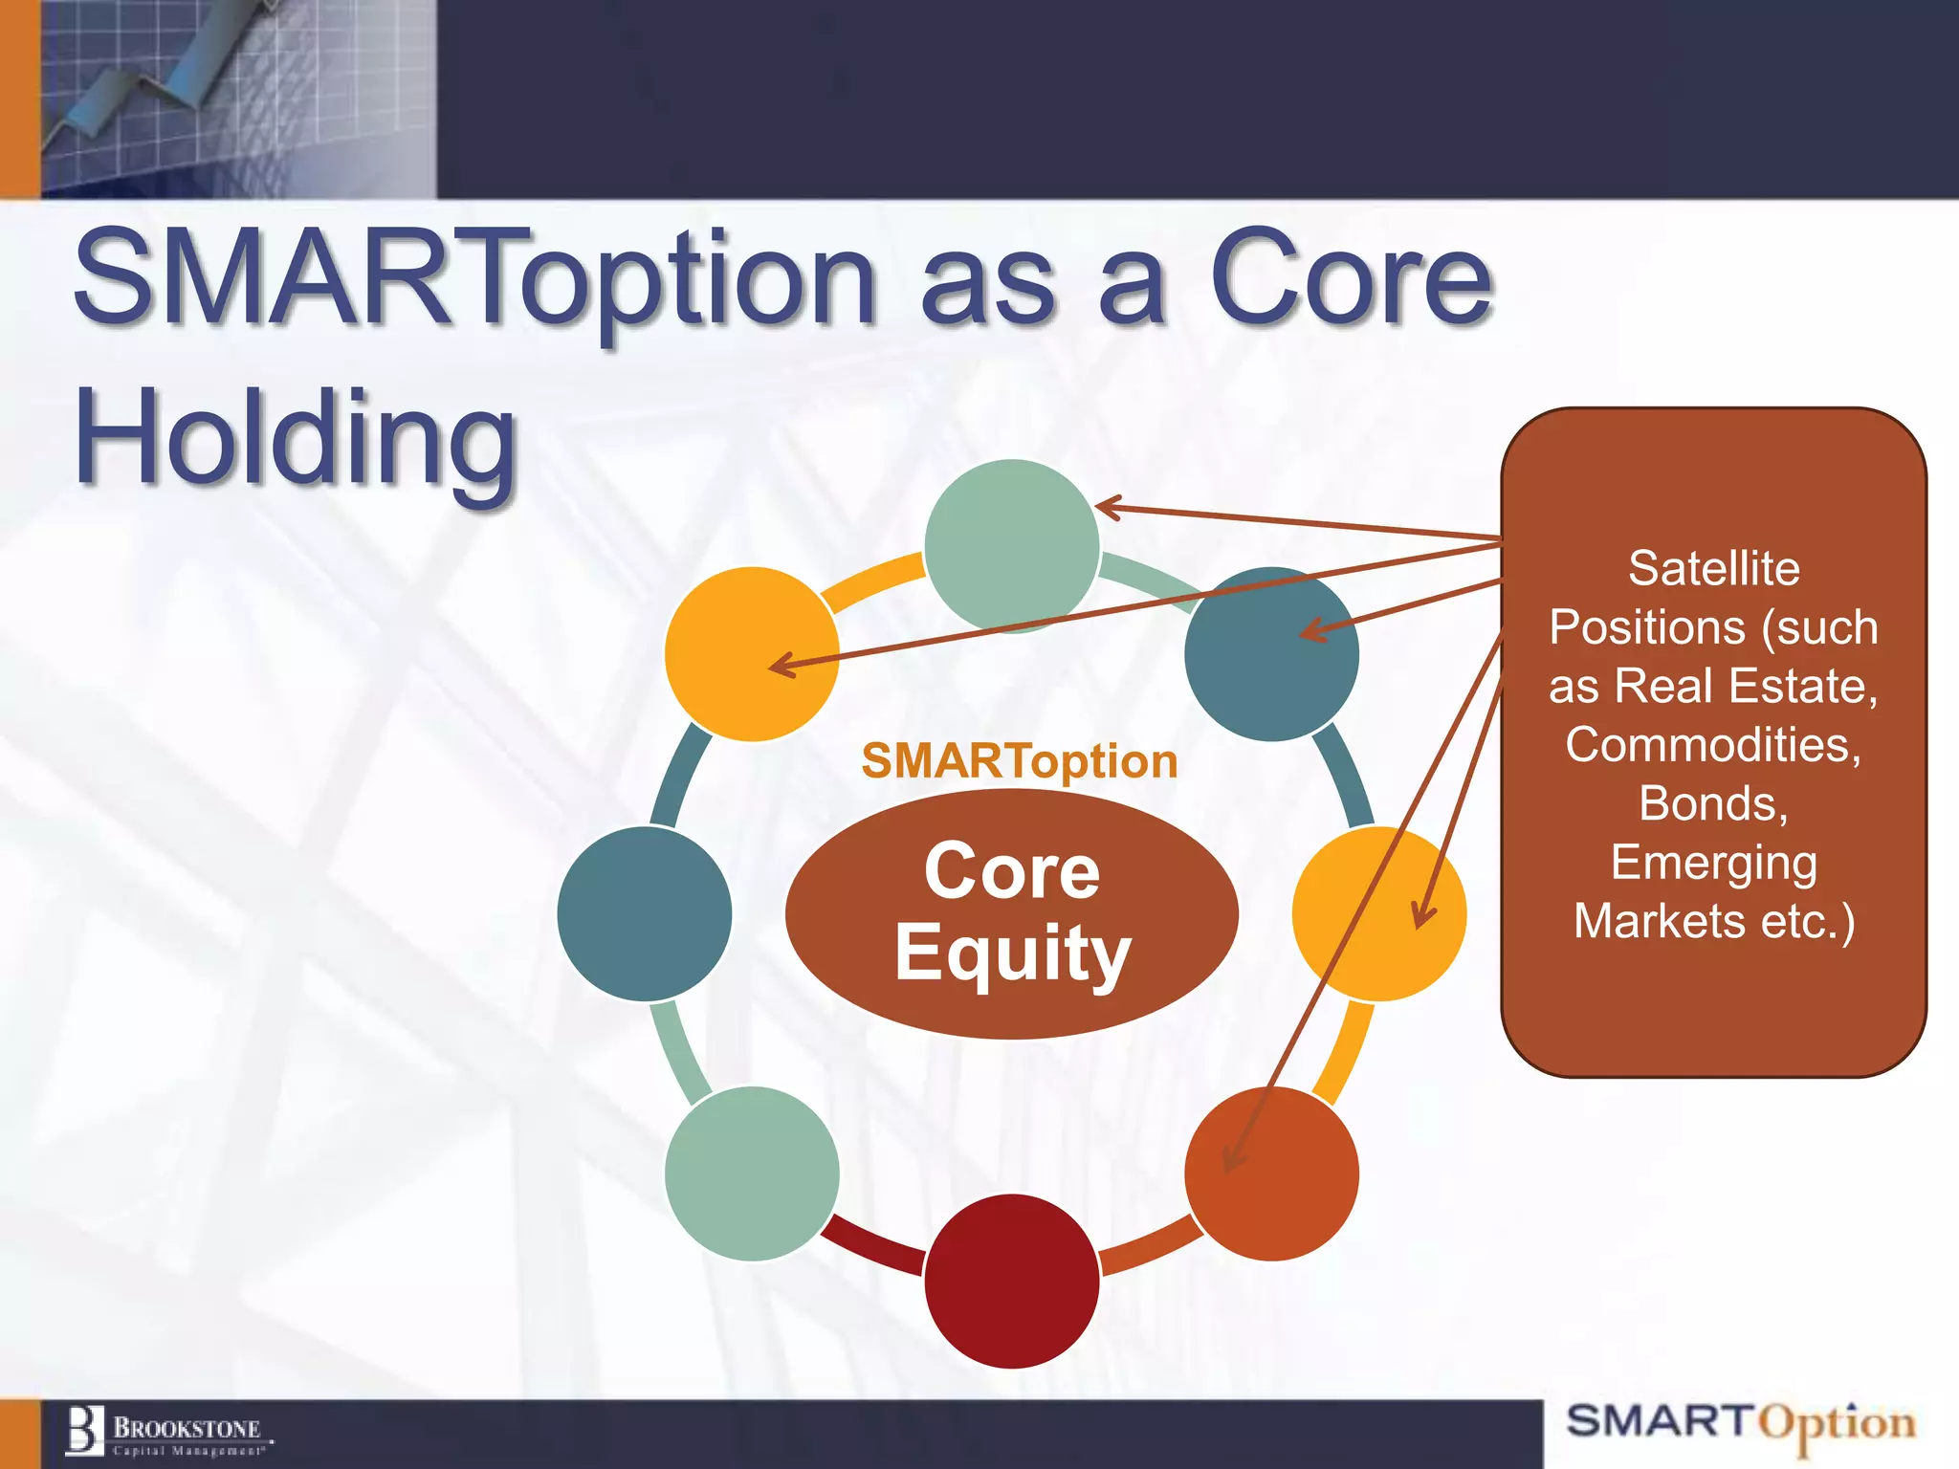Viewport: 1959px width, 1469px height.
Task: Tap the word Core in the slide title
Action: [x=1350, y=279]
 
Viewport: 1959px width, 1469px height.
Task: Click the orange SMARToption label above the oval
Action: [x=1020, y=762]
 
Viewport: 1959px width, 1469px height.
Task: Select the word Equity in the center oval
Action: [x=1013, y=954]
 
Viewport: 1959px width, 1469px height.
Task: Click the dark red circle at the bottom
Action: [x=1011, y=1282]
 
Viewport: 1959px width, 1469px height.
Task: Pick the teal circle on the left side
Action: [x=644, y=914]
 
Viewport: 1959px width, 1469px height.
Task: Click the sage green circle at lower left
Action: [x=752, y=1173]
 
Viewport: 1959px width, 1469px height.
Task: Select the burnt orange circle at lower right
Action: [x=1271, y=1173]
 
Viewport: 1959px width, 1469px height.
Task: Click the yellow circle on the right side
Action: [x=1378, y=914]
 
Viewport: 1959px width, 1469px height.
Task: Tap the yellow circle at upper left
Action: [x=752, y=654]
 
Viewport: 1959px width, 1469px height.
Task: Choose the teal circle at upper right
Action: [x=1271, y=654]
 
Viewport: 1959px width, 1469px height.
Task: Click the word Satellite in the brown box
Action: [x=1713, y=569]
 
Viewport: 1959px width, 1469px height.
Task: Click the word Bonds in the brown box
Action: [x=1711, y=803]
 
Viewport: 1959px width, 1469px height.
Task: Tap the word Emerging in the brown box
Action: [x=1713, y=863]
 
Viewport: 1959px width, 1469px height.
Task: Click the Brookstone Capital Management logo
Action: [x=167, y=1433]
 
